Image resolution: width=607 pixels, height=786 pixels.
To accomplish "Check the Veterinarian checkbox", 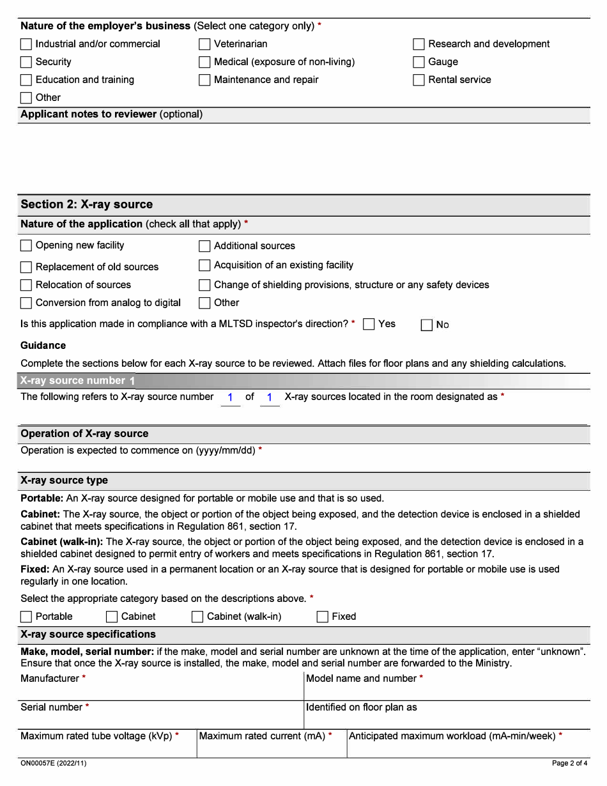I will coord(204,44).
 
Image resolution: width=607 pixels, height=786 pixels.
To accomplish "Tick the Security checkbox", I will coord(26,62).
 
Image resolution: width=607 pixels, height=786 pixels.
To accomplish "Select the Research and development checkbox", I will coord(419,44).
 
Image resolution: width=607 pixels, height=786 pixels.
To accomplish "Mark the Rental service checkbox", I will coord(419,80).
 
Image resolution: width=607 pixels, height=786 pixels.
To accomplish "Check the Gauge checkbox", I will coord(419,62).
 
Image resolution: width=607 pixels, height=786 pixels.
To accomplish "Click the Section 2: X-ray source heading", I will coord(87,204).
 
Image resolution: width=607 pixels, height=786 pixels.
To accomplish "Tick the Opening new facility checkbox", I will coord(26,246).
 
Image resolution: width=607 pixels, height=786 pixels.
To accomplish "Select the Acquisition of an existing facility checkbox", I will coord(204,265).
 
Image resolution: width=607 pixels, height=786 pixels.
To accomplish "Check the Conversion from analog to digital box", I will coord(26,303).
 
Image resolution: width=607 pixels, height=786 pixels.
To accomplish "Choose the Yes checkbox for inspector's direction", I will coord(369,325).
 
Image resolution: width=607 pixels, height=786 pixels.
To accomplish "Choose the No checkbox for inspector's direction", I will coord(427,325).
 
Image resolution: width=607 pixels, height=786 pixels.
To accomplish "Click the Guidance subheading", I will coord(43,345).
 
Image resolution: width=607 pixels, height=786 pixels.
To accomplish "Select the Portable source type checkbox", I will coord(26,617).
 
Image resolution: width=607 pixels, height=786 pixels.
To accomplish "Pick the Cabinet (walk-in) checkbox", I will coord(197,617).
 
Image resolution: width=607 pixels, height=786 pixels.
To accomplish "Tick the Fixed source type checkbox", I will coord(323,617).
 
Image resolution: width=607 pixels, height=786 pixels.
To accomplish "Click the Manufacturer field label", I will coord(50,678).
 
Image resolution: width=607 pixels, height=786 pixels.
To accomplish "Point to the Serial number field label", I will coord(52,707).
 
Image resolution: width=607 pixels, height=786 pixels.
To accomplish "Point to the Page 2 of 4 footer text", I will coord(569,763).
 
